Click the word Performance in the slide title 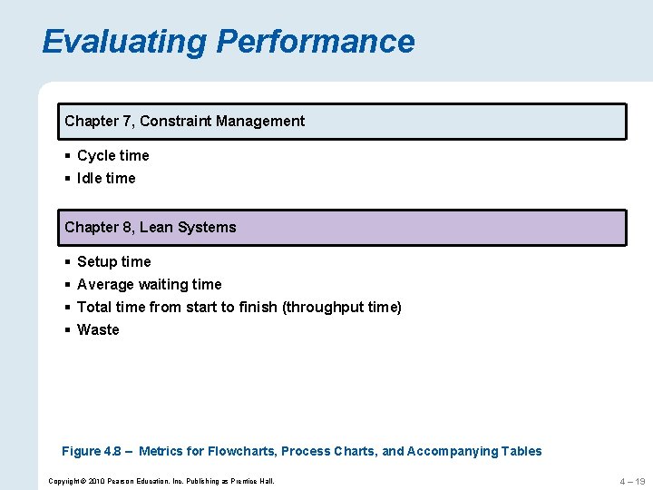tap(315, 42)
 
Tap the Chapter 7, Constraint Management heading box tap(345, 122)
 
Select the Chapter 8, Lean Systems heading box tap(345, 228)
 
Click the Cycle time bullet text tap(112, 156)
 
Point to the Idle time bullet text tap(106, 179)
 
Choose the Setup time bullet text tap(114, 262)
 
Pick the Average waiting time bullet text tap(149, 285)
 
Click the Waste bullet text tap(98, 330)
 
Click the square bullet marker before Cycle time tap(68, 156)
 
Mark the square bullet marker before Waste tap(68, 330)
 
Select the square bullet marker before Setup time tap(68, 262)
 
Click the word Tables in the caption tap(521, 452)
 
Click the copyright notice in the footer tap(161, 481)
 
